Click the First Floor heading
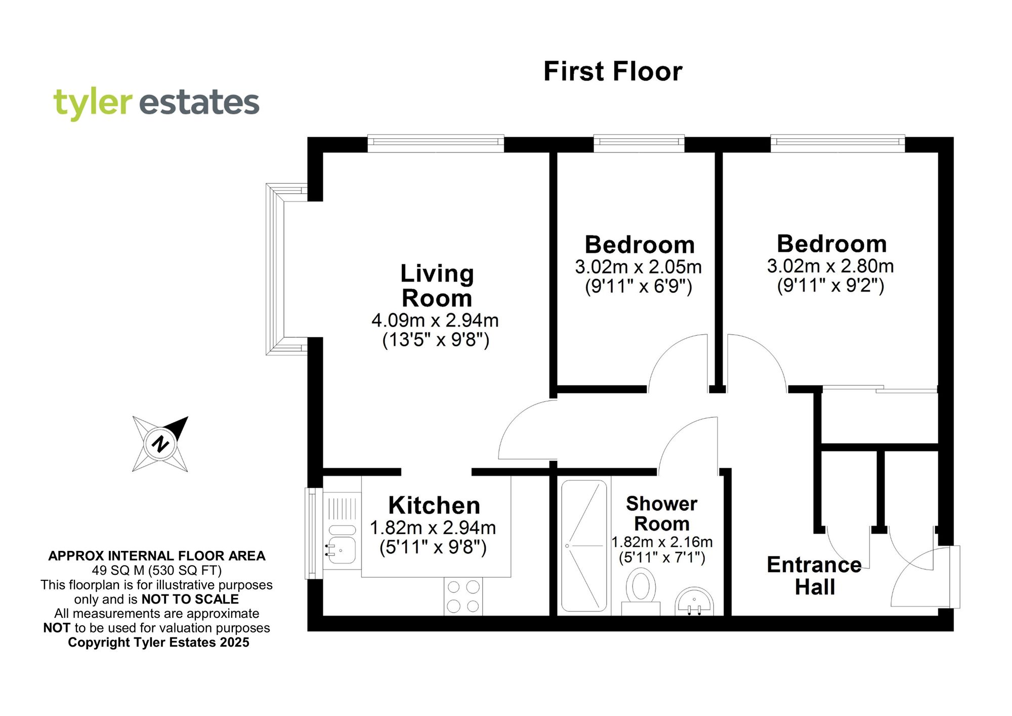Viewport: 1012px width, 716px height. pyautogui.click(x=613, y=71)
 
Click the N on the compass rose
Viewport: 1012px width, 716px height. pyautogui.click(x=160, y=444)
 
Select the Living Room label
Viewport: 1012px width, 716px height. pyautogui.click(x=437, y=286)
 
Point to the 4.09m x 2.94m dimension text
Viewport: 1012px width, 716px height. pyautogui.click(x=435, y=320)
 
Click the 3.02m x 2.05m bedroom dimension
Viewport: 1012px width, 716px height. pyautogui.click(x=638, y=267)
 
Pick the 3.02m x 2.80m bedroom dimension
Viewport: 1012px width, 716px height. pyautogui.click(x=830, y=266)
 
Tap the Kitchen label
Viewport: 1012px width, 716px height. pyautogui.click(x=434, y=505)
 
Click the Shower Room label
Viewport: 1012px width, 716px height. pyautogui.click(x=661, y=513)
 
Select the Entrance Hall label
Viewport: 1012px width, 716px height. pyautogui.click(x=814, y=576)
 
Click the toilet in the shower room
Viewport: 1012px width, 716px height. pyautogui.click(x=641, y=590)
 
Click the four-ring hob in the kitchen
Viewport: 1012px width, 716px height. pyautogui.click(x=463, y=596)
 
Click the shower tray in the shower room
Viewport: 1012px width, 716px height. pyautogui.click(x=584, y=545)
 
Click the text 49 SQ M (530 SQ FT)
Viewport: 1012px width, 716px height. pyautogui.click(x=157, y=571)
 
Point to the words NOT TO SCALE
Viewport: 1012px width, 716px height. pyautogui.click(x=190, y=599)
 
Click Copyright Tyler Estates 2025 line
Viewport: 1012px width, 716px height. pyautogui.click(x=158, y=643)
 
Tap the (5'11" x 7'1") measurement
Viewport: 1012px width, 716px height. pyautogui.click(x=661, y=558)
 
